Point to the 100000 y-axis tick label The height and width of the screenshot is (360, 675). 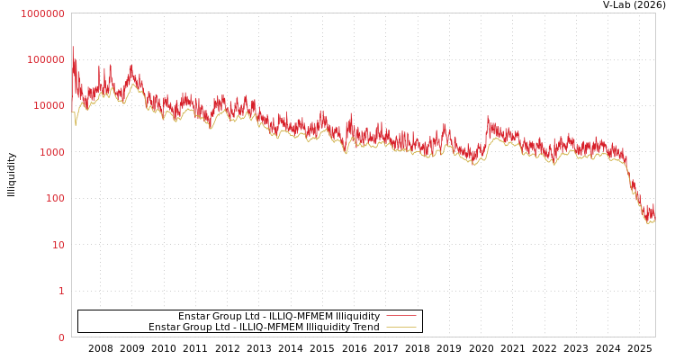tap(45, 59)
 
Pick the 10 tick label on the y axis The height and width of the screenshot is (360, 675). tap(58, 245)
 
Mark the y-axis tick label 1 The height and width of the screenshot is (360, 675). tap(62, 292)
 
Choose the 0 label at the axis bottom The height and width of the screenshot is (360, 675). tap(62, 337)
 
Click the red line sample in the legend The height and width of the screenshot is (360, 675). tap(401, 316)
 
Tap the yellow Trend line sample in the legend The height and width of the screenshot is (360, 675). tap(401, 327)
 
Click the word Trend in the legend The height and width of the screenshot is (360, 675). tap(365, 327)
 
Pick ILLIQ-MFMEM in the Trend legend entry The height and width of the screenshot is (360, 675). tap(272, 327)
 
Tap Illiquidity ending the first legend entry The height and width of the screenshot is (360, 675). tap(358, 316)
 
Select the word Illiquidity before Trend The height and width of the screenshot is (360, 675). tap(328, 327)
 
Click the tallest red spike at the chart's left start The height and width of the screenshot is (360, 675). tap(73, 47)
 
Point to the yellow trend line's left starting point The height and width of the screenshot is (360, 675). tap(73, 112)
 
